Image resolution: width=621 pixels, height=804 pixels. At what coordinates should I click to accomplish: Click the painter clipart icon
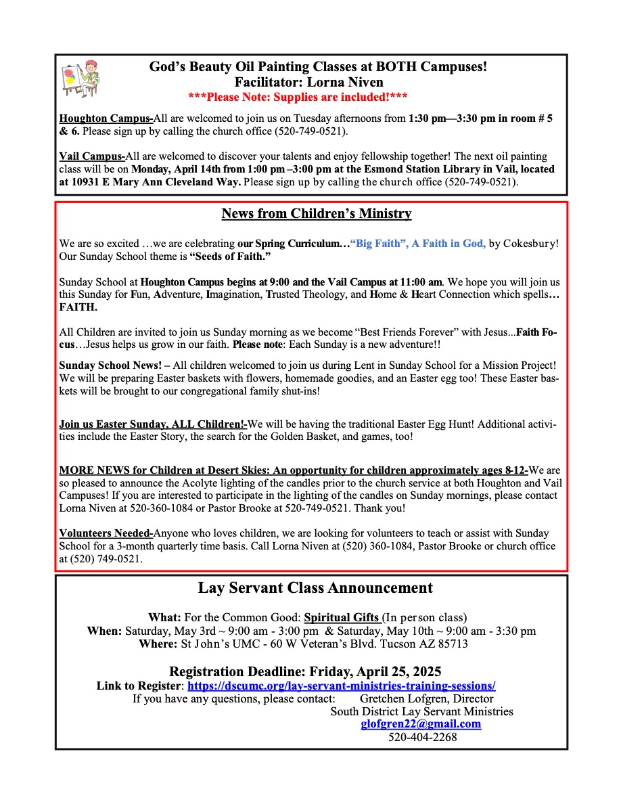click(x=79, y=81)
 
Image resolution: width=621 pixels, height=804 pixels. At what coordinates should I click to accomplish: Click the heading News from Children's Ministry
click(x=317, y=214)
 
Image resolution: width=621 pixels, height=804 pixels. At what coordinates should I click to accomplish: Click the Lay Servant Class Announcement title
click(x=315, y=587)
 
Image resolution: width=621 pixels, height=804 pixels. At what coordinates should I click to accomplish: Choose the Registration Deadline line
click(x=305, y=671)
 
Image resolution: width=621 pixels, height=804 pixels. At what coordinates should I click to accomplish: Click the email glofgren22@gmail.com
click(x=421, y=724)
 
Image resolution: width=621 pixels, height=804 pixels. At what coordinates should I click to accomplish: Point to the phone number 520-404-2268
click(x=422, y=737)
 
